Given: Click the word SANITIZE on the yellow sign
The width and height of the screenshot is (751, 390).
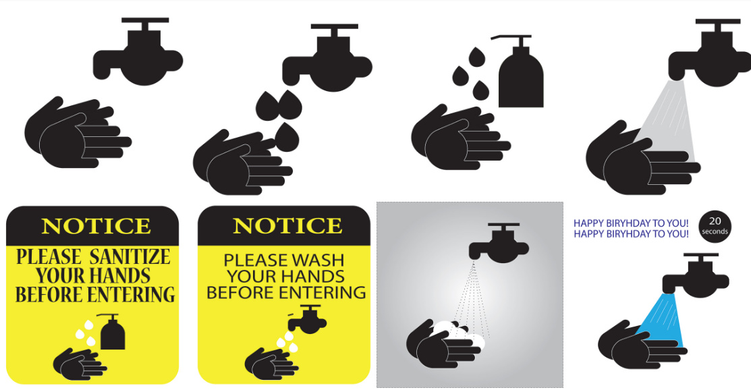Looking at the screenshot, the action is click(130, 257).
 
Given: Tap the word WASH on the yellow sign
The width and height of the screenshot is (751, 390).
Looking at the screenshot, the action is click(318, 260).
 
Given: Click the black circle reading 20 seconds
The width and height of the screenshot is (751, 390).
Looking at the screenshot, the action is click(715, 227).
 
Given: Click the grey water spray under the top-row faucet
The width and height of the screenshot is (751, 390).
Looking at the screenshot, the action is click(666, 120).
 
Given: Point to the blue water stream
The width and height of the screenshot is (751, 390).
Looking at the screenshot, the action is click(661, 320).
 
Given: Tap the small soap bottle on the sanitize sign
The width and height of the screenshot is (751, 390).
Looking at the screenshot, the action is click(112, 331).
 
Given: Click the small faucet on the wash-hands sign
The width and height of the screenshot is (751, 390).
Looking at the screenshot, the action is click(307, 319).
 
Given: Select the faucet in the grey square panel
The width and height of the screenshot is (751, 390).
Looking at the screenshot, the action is click(499, 243).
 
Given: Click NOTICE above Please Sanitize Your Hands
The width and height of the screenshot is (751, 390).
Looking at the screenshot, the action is click(96, 226).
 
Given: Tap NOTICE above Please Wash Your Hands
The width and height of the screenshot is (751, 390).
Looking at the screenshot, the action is click(287, 225).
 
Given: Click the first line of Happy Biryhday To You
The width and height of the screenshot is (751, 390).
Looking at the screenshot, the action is click(631, 223).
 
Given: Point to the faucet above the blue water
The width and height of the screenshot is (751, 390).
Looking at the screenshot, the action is click(696, 275).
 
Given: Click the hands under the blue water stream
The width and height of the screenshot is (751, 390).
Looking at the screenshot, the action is click(642, 345).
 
